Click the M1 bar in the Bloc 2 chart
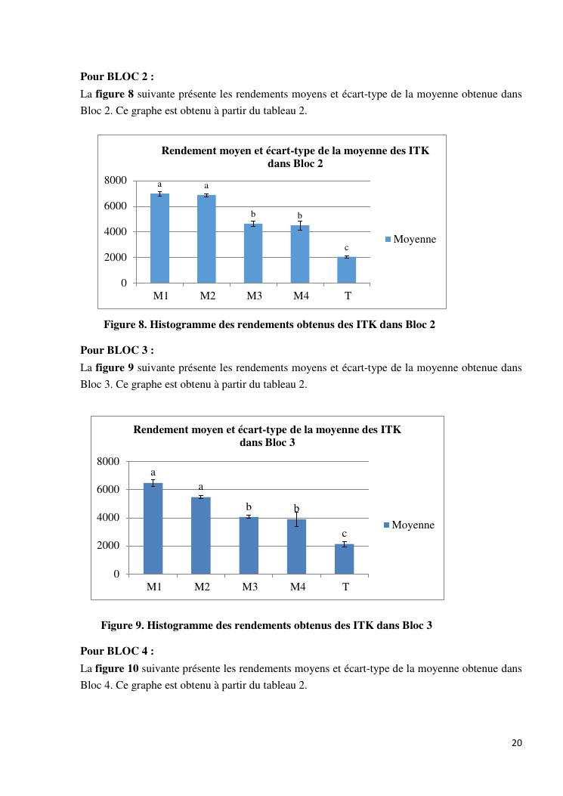159,238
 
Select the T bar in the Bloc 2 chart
347,270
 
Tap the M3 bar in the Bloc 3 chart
249,545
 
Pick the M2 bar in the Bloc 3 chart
202,535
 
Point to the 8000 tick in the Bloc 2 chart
116,181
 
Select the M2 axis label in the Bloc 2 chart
207,296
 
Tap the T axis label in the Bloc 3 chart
345,587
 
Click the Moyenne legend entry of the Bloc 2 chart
411,239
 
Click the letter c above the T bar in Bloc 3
344,534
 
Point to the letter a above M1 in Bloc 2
159,184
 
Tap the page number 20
517,742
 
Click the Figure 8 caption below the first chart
269,325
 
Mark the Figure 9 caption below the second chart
266,625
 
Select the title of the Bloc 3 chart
267,435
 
